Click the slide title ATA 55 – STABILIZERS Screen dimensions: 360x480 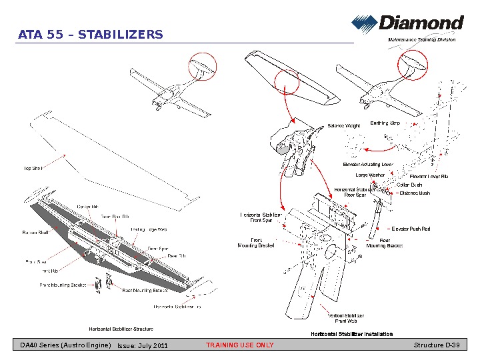coord(91,35)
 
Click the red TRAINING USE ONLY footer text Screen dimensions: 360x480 coord(239,345)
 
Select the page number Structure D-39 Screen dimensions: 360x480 coord(437,345)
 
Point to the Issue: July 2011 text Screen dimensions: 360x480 coord(142,346)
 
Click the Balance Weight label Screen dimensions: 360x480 coord(344,125)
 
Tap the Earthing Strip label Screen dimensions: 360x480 coord(385,123)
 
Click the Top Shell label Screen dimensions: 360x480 coord(33,169)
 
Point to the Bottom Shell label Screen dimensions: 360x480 coord(36,233)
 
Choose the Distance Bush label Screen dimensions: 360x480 coord(414,193)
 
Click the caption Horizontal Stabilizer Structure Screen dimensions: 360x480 coord(121,329)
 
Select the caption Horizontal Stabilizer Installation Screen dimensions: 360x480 coord(351,334)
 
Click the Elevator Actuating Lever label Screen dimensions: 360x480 coord(368,164)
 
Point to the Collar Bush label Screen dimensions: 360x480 coord(409,185)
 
